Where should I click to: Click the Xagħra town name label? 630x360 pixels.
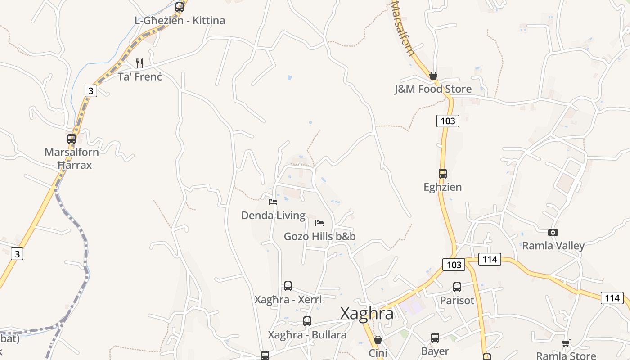pos(367,313)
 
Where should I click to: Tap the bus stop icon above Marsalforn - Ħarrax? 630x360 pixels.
pos(72,139)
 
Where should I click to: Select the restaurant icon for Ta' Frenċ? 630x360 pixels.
pos(139,63)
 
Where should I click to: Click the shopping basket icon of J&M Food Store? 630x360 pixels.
pos(433,76)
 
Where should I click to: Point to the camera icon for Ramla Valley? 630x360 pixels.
pos(553,233)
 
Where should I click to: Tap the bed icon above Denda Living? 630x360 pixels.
pos(273,202)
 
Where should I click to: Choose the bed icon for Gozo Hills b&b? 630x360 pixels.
pos(319,223)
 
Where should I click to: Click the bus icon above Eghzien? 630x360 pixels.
pos(443,174)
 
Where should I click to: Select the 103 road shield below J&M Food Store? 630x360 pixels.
pos(448,121)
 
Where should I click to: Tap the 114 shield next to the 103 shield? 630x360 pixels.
pos(490,259)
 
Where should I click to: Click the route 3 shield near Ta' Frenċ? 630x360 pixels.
pos(90,91)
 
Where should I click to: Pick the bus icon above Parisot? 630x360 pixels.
pos(457,287)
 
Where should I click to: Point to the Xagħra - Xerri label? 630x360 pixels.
pos(288,300)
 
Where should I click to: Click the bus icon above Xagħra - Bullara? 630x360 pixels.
pos(307,321)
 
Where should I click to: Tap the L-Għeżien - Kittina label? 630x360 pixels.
pos(180,21)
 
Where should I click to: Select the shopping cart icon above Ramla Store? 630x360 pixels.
pos(566,343)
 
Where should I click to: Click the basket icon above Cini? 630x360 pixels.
pos(378,340)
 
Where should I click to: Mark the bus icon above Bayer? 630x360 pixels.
pos(435,338)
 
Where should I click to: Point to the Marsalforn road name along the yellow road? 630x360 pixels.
pos(403,27)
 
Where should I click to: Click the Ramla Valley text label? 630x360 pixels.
pos(553,246)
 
